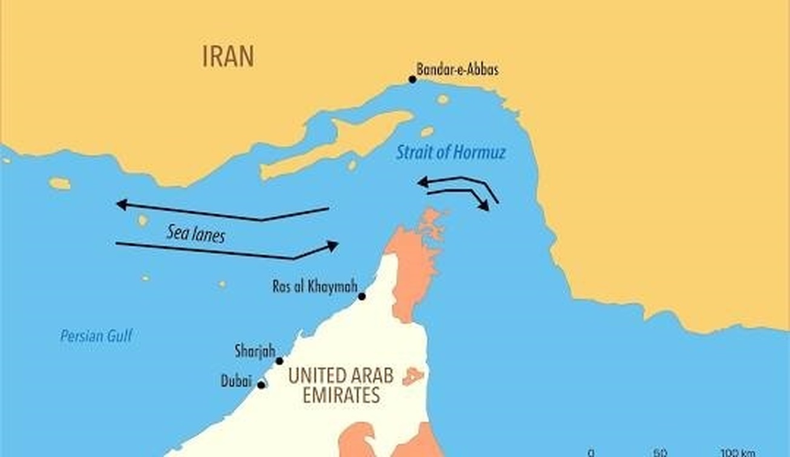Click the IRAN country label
tap(228, 56)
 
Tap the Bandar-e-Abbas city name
tap(457, 70)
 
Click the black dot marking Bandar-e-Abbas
tap(413, 79)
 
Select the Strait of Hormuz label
tap(451, 152)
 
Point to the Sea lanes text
tap(195, 233)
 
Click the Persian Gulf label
tap(96, 337)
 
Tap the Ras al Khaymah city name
tap(315, 286)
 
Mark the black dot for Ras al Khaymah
tap(362, 297)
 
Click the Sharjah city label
tap(255, 350)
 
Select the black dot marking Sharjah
tap(279, 361)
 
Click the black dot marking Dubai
tap(261, 385)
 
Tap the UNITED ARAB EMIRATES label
tap(341, 386)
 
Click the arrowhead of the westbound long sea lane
tap(121, 205)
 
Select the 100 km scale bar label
tap(738, 453)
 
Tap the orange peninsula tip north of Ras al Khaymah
tap(431, 218)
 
